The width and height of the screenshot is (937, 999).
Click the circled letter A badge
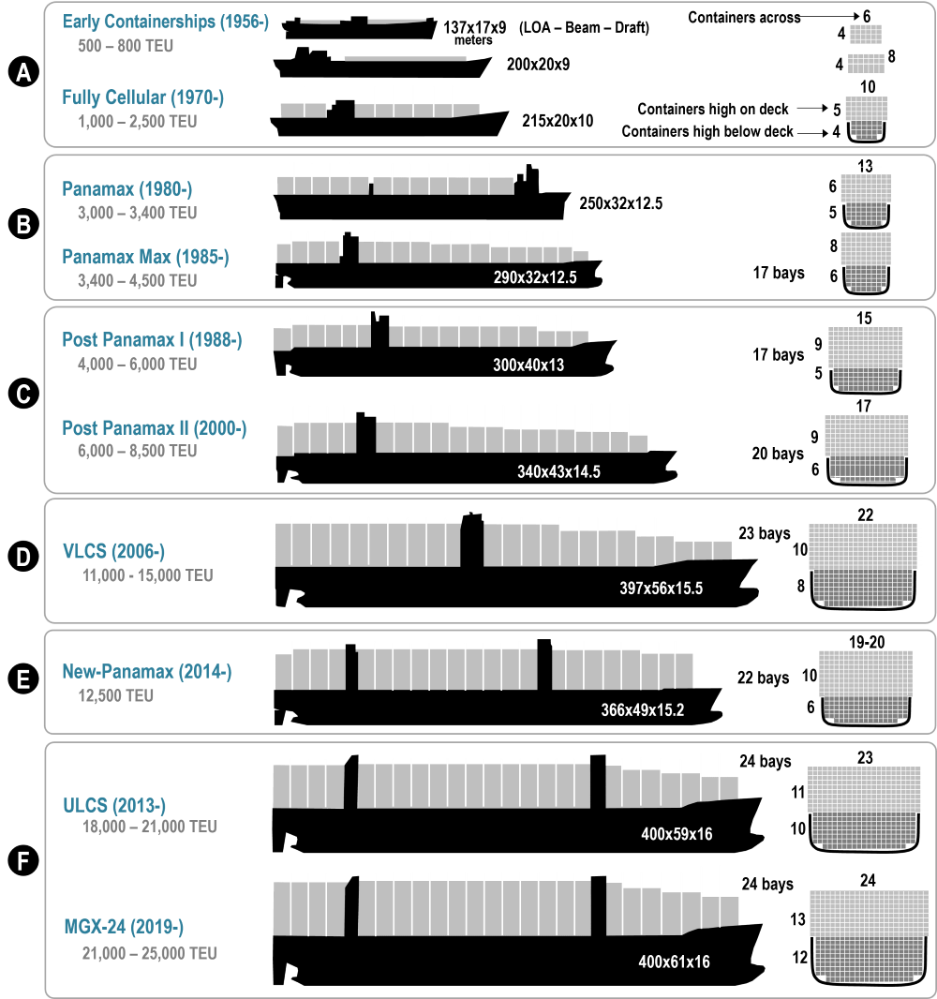point(23,72)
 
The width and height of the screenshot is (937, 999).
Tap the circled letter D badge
point(23,557)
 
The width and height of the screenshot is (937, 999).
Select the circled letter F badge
point(23,860)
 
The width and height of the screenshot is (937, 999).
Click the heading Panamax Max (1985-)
point(145,257)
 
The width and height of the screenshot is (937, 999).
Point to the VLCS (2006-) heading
point(113,551)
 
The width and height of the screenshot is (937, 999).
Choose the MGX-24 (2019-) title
point(124,926)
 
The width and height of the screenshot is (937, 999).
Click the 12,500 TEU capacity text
point(116,695)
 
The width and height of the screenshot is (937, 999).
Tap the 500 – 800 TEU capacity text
point(126,46)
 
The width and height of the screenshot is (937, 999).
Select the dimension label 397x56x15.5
point(662,588)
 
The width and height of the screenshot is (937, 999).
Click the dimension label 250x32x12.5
point(621,203)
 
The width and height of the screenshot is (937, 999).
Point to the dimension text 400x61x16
point(674,962)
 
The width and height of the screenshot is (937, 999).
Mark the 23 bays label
point(765,533)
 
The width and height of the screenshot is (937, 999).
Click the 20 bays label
point(778,454)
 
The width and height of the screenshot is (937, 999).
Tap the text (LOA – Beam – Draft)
point(584,27)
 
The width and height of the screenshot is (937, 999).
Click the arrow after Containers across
point(830,16)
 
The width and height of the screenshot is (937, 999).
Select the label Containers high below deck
point(707,131)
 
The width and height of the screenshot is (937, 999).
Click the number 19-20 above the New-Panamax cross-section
point(867,642)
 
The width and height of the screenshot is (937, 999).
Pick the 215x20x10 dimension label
point(558,121)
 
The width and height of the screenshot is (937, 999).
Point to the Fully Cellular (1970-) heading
point(142,97)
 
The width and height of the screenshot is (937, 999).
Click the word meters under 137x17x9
point(473,40)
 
